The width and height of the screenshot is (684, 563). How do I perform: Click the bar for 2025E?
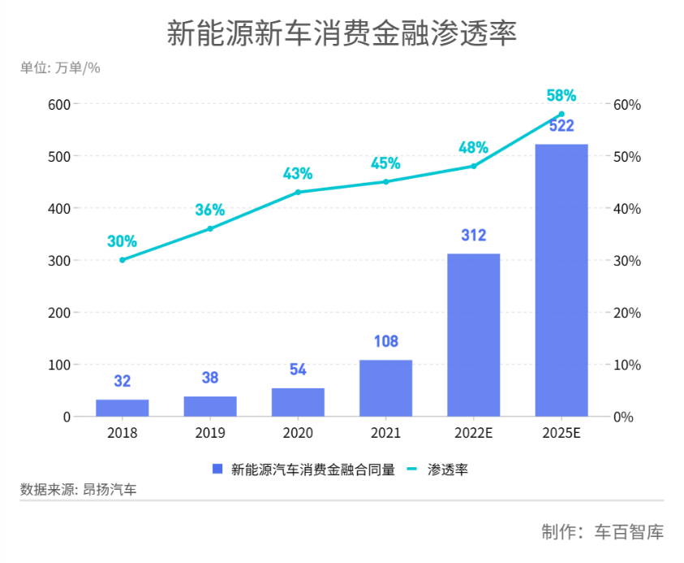561,280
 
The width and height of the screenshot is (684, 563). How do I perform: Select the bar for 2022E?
473,335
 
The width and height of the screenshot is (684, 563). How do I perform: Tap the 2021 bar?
385,388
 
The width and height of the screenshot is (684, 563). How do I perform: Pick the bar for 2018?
122,408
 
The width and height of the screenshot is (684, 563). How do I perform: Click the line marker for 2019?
210,228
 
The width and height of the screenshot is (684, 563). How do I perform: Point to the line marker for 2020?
298,192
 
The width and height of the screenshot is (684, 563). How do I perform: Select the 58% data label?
561,96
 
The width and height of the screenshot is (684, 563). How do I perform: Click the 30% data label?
122,241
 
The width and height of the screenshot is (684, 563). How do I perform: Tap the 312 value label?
473,236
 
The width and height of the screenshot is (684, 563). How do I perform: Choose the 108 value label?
385,341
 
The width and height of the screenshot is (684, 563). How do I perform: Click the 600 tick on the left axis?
59,104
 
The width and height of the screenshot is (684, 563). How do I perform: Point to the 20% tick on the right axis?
627,313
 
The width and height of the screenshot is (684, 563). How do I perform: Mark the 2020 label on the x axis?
298,433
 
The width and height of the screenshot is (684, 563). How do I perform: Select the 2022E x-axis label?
473,433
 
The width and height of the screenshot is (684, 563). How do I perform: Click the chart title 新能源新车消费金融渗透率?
342,34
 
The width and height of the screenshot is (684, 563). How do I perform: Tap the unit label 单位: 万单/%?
60,68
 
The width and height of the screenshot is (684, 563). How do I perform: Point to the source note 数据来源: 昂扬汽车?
79,489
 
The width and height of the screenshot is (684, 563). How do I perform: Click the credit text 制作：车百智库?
603,533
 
